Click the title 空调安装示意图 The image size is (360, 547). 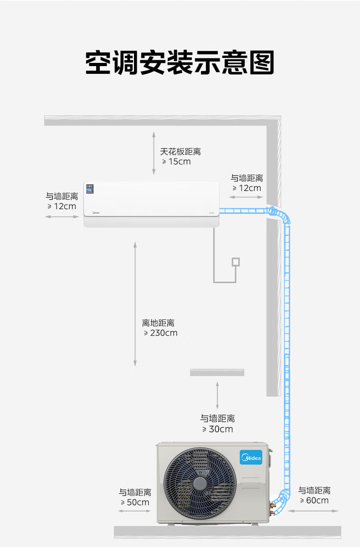point(180,62)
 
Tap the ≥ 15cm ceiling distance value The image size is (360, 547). point(176,162)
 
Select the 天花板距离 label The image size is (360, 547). point(180,152)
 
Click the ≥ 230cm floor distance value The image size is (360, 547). point(160,333)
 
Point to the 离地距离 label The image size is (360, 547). point(158,323)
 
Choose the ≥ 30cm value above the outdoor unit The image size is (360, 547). point(217,429)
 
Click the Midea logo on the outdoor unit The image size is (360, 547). point(251,457)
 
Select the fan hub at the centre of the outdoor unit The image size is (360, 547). point(200,484)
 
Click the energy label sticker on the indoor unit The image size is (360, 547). point(90,189)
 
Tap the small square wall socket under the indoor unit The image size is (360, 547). point(236,262)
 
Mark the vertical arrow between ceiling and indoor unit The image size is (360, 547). point(154,153)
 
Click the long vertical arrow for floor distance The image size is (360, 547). point(135,304)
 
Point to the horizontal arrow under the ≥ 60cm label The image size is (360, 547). point(313,511)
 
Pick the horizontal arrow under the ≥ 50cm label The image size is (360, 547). point(134,511)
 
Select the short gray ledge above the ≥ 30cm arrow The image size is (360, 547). point(217,372)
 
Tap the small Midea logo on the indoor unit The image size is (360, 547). point(96,212)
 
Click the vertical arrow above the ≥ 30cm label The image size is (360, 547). point(217,395)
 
